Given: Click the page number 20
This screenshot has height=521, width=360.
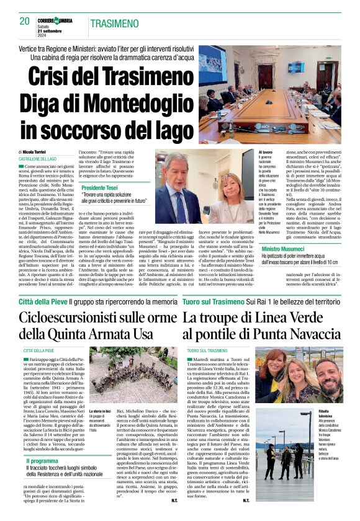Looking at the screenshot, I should point(25,21).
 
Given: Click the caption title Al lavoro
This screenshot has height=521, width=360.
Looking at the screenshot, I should point(265,152).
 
